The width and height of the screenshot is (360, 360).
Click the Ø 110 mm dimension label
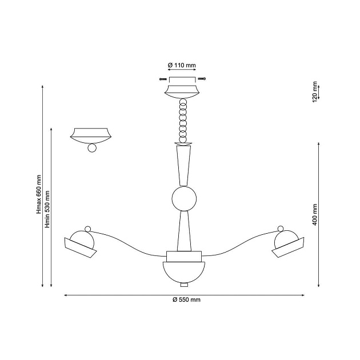(182, 65)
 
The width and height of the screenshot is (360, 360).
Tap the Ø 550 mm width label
(186, 299)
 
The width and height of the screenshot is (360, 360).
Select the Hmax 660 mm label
(39, 194)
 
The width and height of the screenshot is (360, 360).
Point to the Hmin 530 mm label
(47, 209)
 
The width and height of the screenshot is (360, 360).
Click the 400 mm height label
(314, 215)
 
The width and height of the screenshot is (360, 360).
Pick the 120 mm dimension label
(315, 91)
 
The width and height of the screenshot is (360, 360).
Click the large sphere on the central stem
(184, 199)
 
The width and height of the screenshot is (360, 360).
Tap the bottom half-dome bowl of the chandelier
(184, 273)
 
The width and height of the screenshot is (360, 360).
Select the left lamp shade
(80, 248)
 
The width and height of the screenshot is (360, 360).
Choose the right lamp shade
(288, 247)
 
